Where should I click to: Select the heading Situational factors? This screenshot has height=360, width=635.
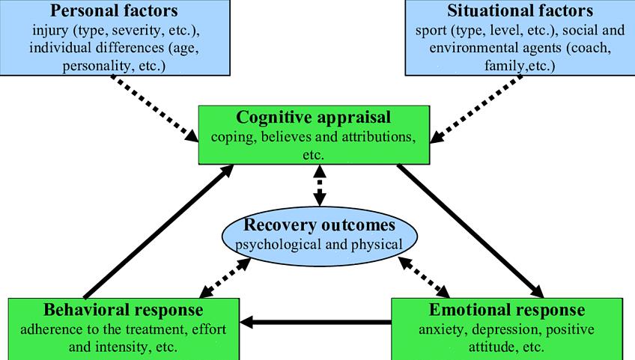(x=520, y=11)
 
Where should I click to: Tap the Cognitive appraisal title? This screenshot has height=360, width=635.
(x=314, y=118)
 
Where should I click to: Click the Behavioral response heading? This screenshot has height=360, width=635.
(x=124, y=310)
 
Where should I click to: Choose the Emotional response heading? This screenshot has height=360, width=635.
(x=507, y=310)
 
